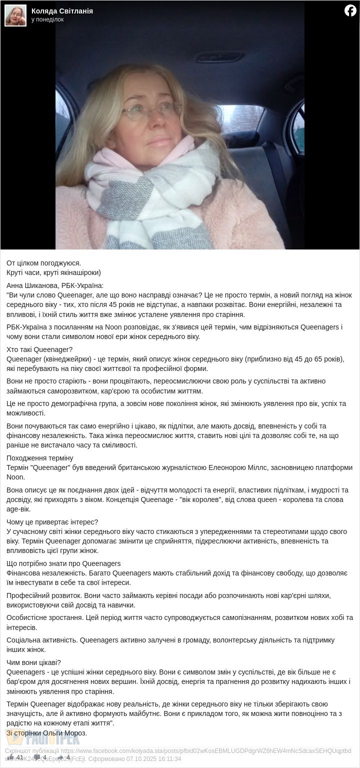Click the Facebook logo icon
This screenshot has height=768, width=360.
pos(350,10)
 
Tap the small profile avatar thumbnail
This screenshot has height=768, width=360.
pos(15,15)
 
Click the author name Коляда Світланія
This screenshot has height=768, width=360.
pos(62,11)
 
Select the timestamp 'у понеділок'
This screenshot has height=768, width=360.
pos(47,19)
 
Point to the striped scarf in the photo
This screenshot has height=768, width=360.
pos(150,200)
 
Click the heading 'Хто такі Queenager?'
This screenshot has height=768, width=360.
pos(39,349)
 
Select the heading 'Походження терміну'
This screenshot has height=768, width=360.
pos(40,458)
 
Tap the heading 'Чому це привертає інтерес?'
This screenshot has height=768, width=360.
pos(52,522)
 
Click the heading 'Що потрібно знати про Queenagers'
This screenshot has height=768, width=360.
pos(63,563)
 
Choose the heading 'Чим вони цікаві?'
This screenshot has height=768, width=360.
pos(33,662)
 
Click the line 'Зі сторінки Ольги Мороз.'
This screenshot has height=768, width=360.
pos(46,733)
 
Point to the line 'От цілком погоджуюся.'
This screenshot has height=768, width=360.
pos(43,263)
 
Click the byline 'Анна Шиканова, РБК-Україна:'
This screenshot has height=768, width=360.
pos(55,285)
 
